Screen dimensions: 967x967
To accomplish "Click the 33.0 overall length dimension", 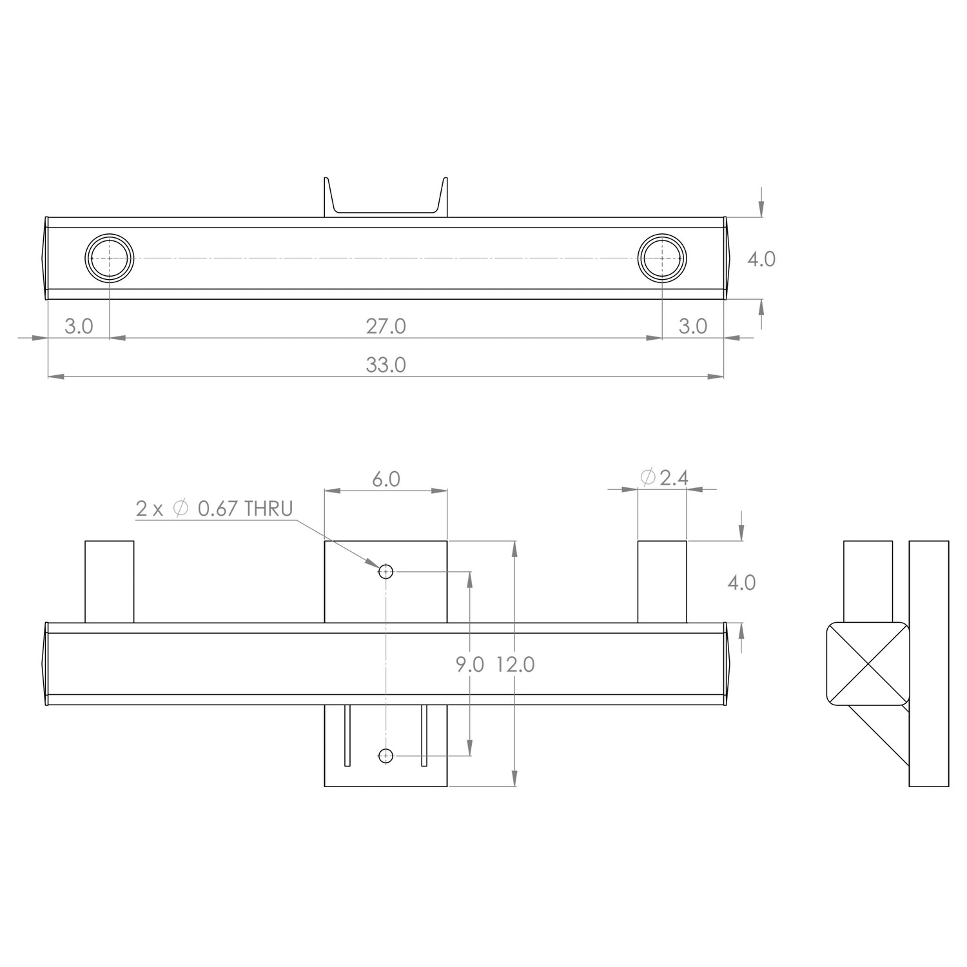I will [386, 366].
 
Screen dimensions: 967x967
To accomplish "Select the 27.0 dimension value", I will [386, 327].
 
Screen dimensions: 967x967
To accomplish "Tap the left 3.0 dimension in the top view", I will [79, 327].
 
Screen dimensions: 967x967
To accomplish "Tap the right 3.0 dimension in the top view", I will [692, 327].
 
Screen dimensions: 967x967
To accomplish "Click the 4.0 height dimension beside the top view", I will [761, 259].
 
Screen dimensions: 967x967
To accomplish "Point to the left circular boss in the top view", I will [110, 257].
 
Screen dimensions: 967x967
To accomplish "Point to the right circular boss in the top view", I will [662, 257].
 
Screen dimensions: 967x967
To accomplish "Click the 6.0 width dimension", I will [386, 480].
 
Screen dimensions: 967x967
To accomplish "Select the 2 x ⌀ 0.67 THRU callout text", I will [214, 509].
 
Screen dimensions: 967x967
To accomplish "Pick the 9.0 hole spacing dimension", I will [469, 665].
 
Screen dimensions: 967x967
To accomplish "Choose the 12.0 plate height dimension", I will [515, 665].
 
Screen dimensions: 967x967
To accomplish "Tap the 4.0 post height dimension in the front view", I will [741, 583].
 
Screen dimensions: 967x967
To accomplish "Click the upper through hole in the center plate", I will [386, 571].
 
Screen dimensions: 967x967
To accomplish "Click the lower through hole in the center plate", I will [386, 756].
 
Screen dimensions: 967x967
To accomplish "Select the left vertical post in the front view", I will [110, 581].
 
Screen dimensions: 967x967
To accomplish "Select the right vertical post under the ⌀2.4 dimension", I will [662, 581].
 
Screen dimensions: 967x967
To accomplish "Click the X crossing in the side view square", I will [868, 663].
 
